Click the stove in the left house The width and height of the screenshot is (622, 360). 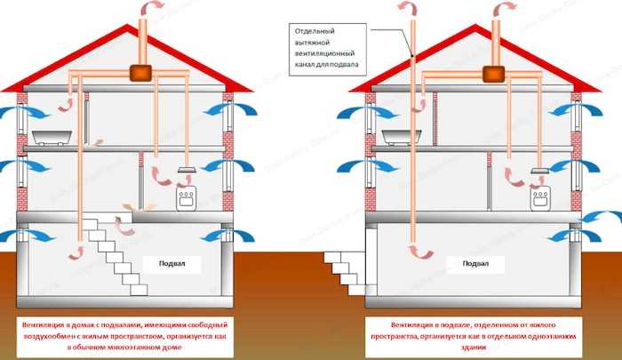coord(187,197)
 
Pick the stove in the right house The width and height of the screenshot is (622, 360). coord(538,197)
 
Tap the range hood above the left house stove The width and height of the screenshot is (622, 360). coord(187,169)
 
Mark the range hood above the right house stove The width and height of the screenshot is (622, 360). coord(538,169)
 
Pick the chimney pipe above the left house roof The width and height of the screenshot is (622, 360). coord(141,36)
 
